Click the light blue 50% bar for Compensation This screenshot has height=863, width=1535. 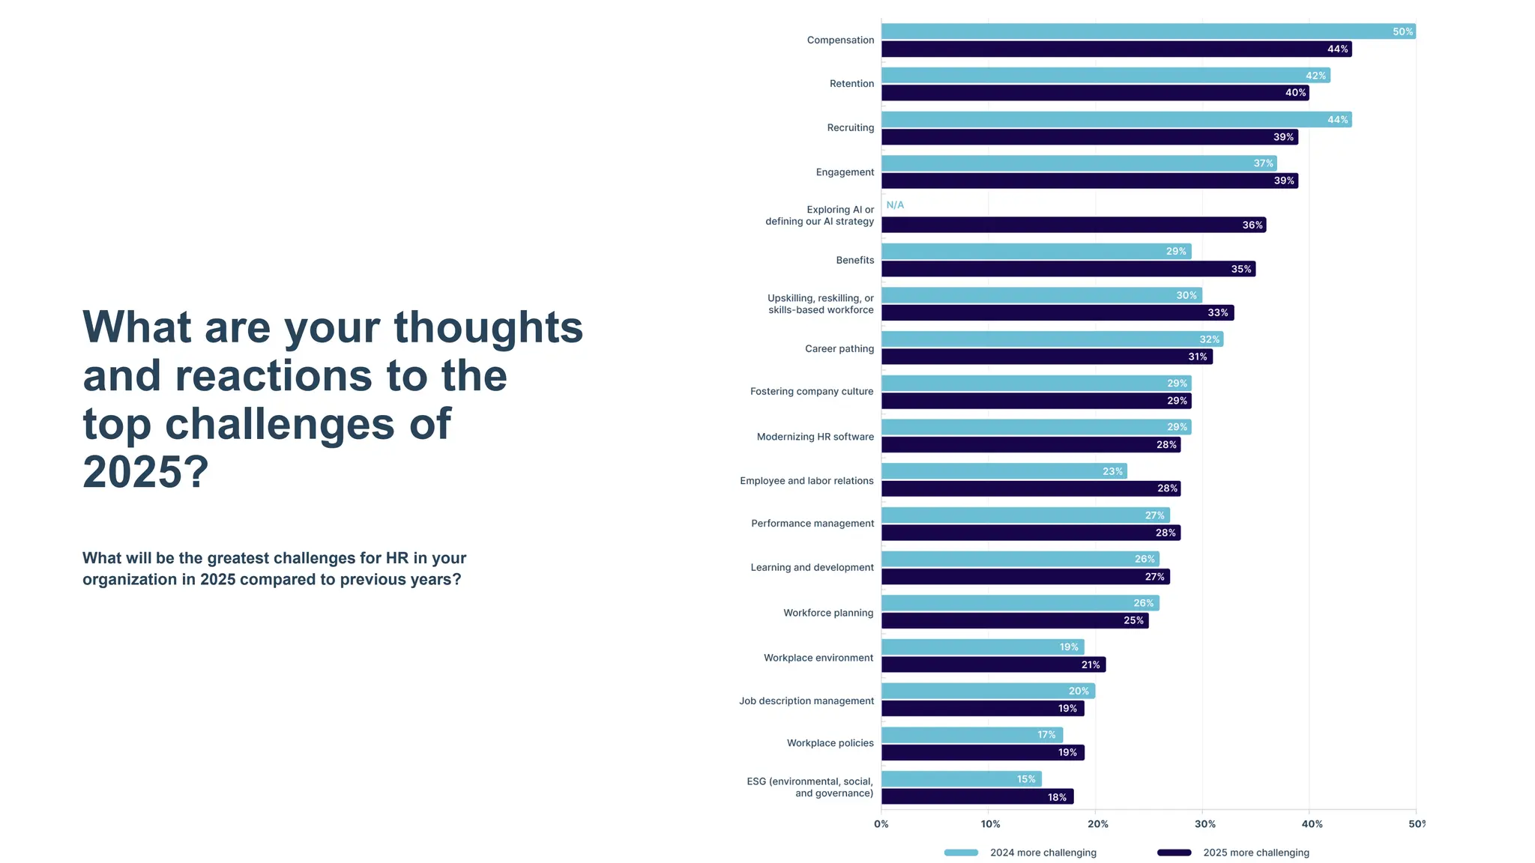1147,31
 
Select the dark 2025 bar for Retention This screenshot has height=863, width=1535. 1094,93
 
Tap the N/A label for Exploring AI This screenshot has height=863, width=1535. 895,205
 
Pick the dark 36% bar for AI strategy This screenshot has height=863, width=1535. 1072,225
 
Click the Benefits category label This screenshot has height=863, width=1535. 854,260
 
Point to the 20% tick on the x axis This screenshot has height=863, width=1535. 1097,824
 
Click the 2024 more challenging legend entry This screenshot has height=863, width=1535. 1042,853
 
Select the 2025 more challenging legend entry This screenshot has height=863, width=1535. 1255,853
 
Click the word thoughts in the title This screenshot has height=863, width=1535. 488,327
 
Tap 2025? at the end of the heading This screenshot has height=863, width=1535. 145,472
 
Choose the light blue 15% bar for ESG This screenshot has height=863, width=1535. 961,779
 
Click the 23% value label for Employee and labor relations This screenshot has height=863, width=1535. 1112,471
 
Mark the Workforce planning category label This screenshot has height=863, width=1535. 828,613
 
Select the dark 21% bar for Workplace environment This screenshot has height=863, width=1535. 993,664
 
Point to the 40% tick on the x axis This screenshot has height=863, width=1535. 1312,824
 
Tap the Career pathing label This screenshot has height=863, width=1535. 839,348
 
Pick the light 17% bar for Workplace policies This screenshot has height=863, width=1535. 971,735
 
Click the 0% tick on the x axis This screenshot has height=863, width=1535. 881,824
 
